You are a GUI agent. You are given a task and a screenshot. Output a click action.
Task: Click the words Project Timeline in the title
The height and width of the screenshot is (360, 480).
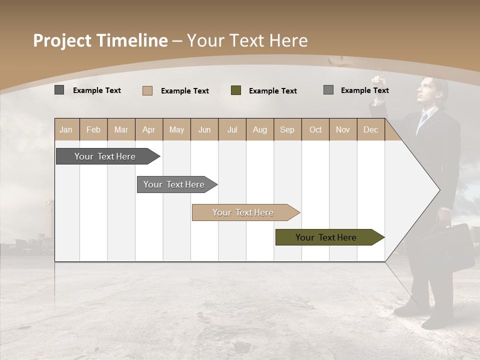(100, 40)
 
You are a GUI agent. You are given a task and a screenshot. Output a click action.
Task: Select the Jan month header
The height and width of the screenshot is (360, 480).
(66, 129)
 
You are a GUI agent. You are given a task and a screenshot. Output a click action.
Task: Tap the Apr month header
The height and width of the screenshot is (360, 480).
(148, 129)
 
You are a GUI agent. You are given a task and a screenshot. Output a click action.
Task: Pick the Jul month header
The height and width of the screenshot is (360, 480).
(232, 129)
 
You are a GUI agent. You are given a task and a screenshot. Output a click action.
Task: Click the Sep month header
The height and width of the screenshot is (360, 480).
(287, 129)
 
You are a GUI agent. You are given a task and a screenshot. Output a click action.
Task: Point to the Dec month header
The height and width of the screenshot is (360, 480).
(370, 129)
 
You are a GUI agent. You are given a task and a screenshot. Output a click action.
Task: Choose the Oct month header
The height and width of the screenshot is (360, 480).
(315, 129)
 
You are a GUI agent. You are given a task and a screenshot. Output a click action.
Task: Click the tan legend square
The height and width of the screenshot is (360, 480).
(147, 90)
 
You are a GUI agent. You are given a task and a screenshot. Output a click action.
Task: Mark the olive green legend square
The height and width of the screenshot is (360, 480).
(236, 90)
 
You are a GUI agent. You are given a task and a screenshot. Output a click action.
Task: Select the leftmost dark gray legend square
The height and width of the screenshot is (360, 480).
(59, 90)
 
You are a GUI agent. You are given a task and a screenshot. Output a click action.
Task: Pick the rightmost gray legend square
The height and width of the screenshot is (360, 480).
(328, 90)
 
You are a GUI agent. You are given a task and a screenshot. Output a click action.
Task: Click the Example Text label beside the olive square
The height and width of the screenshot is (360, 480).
(272, 91)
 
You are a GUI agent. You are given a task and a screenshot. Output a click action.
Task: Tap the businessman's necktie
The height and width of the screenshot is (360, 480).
(422, 120)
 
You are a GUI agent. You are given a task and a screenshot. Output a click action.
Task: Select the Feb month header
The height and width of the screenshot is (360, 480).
(93, 129)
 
